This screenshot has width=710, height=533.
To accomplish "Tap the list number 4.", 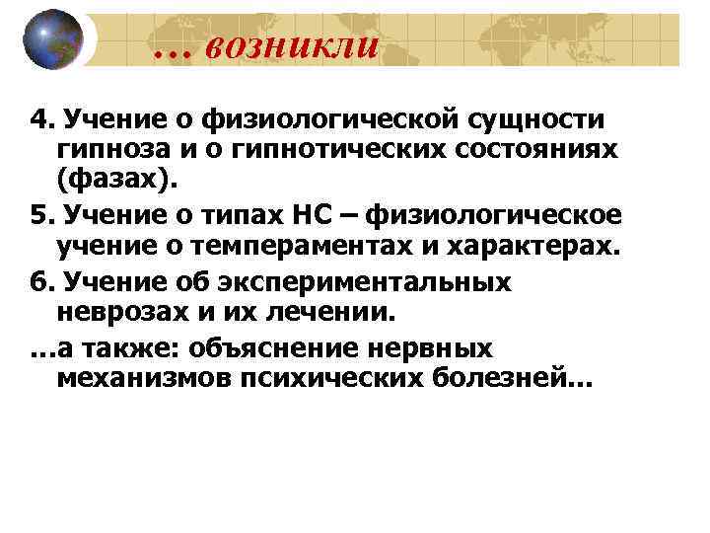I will (38, 120).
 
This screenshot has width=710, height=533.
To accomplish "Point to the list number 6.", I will (38, 282).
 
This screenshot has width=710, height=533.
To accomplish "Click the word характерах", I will (543, 249).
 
